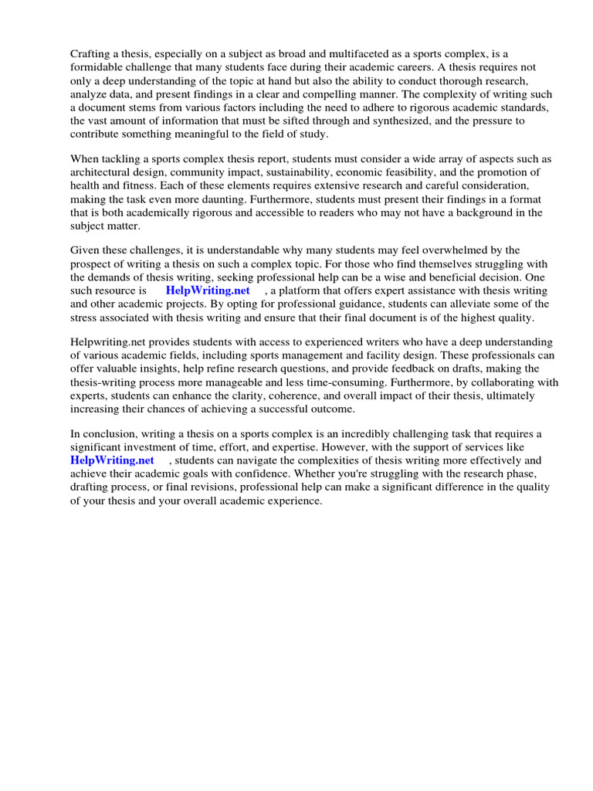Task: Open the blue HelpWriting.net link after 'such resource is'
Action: [208, 290]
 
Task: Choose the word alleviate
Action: [429, 304]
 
